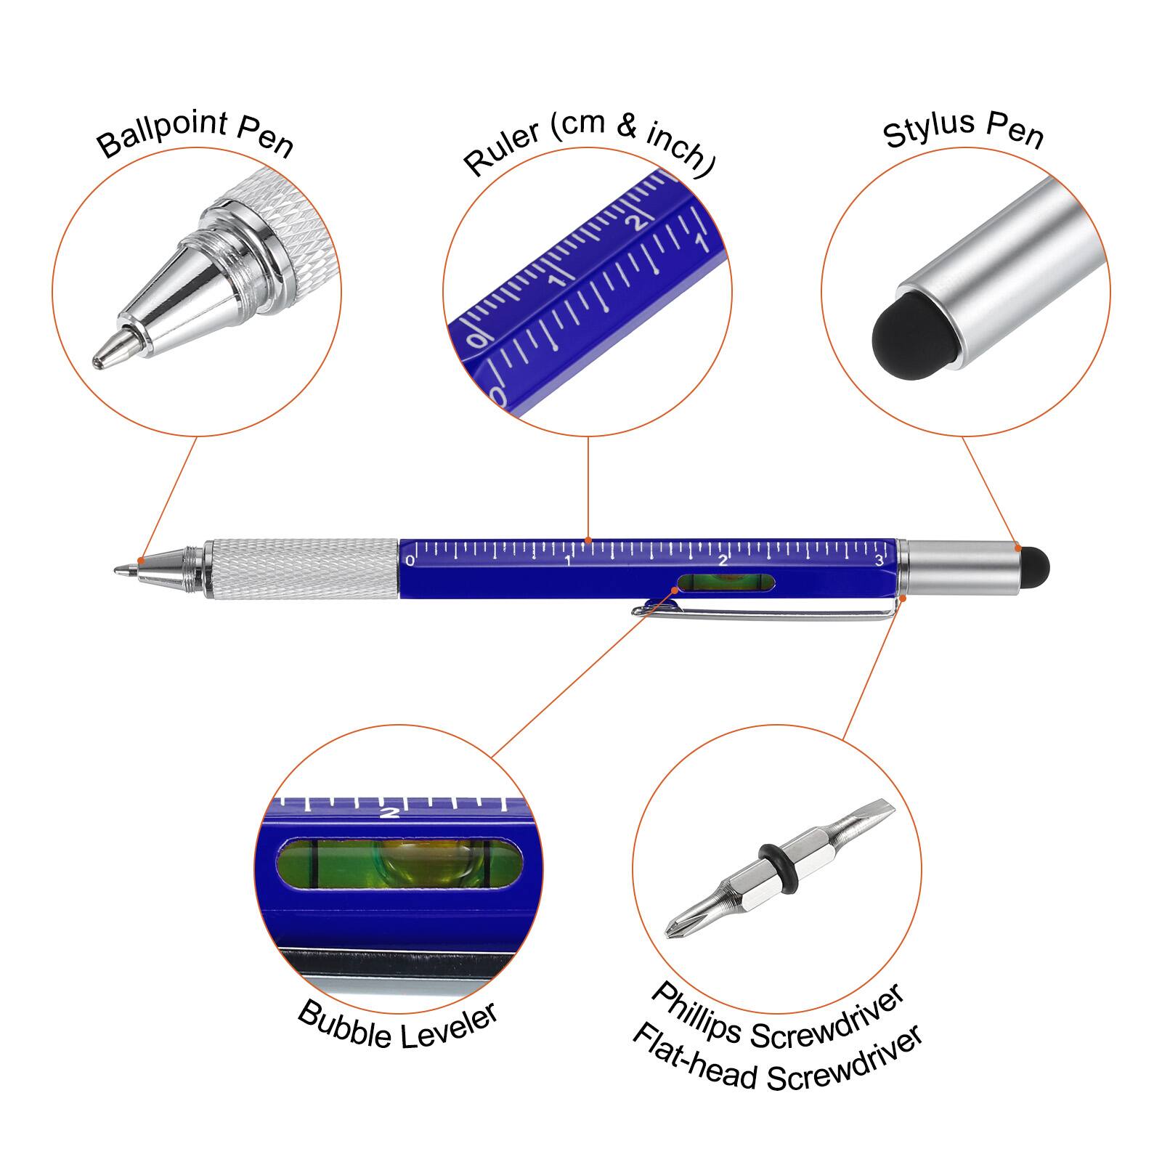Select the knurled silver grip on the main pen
point(301,569)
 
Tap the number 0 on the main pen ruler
point(410,561)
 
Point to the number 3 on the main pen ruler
point(879,560)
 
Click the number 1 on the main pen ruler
point(568,561)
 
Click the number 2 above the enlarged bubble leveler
point(390,812)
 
